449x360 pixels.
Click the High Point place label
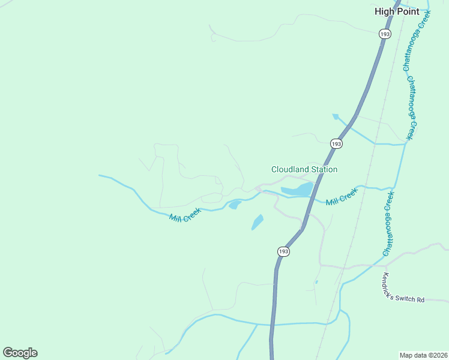point(396,11)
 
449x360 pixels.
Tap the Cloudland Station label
point(304,170)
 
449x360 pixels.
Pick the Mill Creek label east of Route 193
point(342,196)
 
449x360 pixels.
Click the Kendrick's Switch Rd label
point(403,289)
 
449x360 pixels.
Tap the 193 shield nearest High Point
point(385,35)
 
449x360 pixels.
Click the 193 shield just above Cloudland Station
point(336,144)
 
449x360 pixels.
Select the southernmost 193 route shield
point(284,251)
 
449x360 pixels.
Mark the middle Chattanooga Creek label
point(412,108)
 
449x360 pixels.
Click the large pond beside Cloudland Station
point(297,190)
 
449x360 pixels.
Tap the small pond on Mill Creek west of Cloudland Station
point(234,205)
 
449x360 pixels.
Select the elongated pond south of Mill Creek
point(257,222)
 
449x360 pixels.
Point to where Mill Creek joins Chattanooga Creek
point(396,190)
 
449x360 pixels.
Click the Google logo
point(20,352)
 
